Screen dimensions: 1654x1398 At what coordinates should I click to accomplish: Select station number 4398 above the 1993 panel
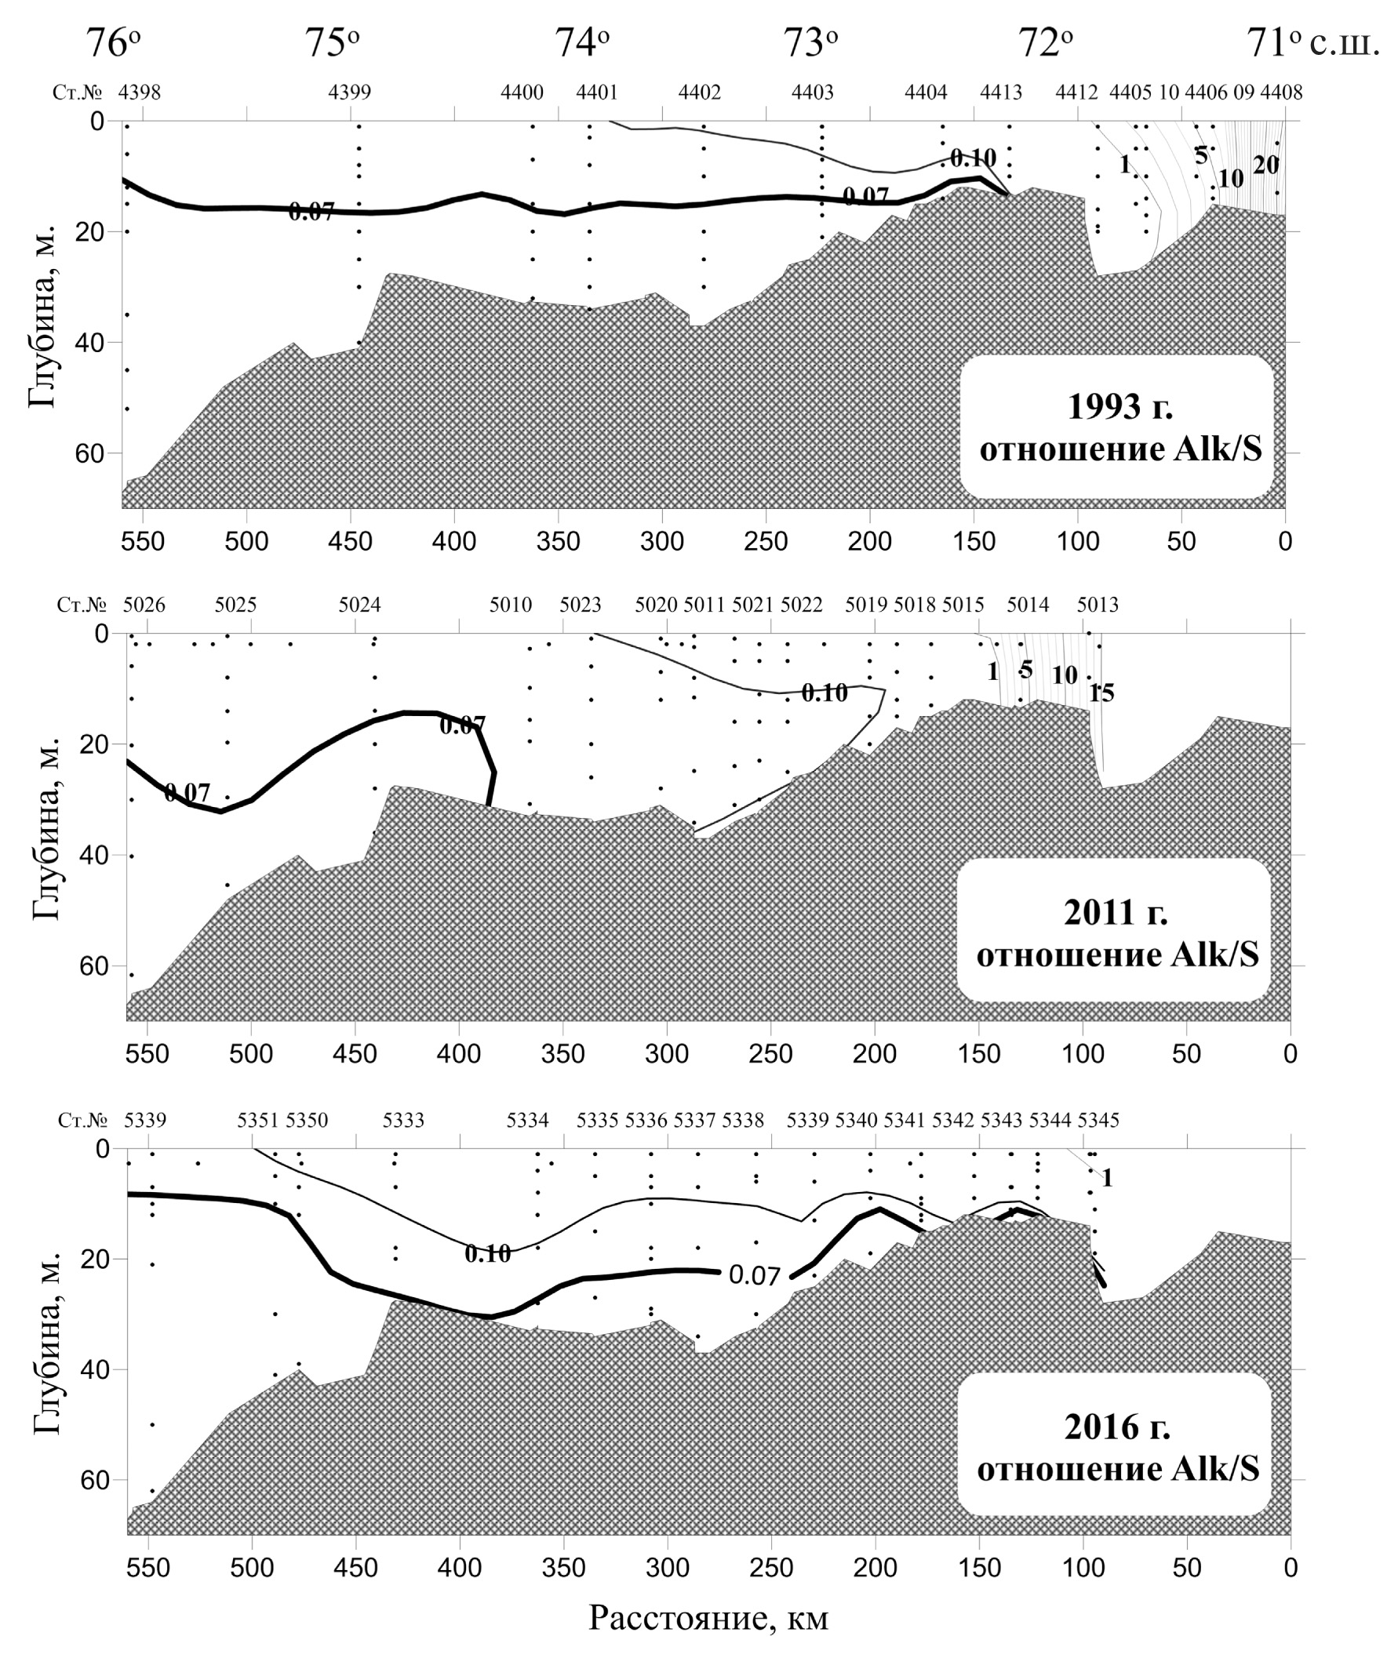pyautogui.click(x=140, y=93)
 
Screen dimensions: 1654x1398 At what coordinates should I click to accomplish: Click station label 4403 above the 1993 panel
pyautogui.click(x=812, y=93)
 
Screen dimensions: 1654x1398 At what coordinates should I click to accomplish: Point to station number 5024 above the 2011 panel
pyautogui.click(x=360, y=605)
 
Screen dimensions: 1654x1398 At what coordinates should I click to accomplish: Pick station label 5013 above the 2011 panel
pyautogui.click(x=1098, y=605)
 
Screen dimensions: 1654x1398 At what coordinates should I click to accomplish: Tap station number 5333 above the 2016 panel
pyautogui.click(x=403, y=1120)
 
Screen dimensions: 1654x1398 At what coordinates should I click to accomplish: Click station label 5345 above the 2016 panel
pyautogui.click(x=1098, y=1120)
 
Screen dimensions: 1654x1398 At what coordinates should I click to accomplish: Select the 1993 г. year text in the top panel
pyautogui.click(x=1119, y=407)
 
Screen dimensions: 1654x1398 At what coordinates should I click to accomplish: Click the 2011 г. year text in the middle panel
pyautogui.click(x=1115, y=913)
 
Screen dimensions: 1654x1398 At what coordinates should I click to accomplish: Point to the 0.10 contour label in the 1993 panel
pyautogui.click(x=973, y=158)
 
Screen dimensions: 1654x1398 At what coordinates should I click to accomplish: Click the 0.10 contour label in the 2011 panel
pyautogui.click(x=825, y=693)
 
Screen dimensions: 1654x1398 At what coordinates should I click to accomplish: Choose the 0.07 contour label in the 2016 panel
pyautogui.click(x=755, y=1275)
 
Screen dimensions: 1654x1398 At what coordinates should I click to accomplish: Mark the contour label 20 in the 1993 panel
pyautogui.click(x=1265, y=165)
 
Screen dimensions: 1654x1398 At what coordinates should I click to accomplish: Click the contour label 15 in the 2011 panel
pyautogui.click(x=1101, y=693)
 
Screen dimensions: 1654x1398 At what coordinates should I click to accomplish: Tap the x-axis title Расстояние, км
pyautogui.click(x=708, y=1618)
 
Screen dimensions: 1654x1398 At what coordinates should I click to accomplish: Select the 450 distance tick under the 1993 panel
pyautogui.click(x=351, y=542)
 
